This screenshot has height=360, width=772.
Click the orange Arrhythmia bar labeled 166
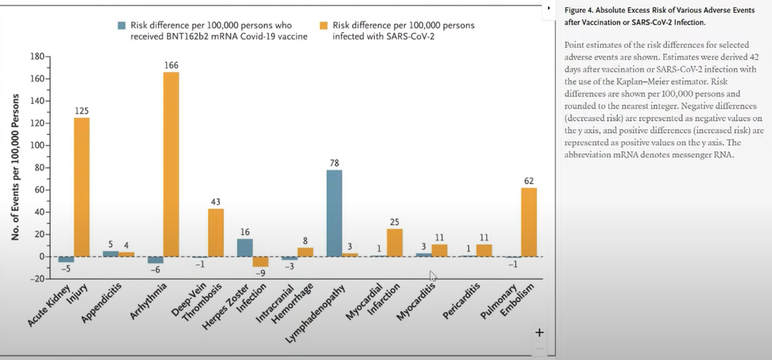coord(171,164)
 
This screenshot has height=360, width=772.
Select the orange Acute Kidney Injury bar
coord(81,187)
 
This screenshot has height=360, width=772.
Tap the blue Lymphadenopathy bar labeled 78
coord(334,213)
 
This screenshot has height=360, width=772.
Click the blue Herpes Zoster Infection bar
coord(245,248)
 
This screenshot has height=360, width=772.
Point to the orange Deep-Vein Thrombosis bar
coord(215,232)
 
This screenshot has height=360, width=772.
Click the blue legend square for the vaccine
coord(122,25)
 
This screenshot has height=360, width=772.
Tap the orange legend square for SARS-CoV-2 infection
coord(324,25)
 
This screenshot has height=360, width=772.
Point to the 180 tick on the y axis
coord(37,57)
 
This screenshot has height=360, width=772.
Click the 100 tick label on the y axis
coord(37,145)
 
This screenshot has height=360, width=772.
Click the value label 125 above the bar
coord(82,111)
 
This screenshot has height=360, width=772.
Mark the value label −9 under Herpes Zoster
coord(261,273)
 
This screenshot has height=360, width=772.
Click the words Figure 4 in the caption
coord(580,10)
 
